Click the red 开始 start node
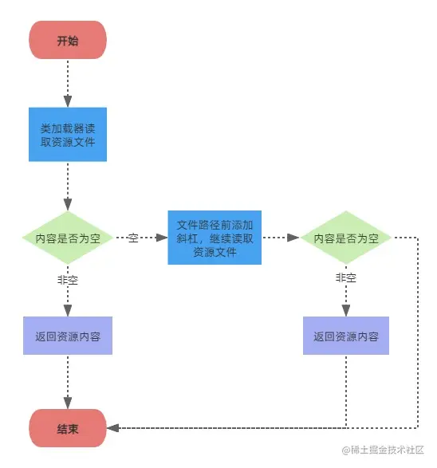click(x=68, y=40)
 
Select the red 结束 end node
click(x=68, y=428)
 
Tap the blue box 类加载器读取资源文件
click(x=68, y=135)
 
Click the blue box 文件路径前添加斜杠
click(x=215, y=238)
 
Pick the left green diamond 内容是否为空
click(x=68, y=238)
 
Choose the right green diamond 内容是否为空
click(x=346, y=238)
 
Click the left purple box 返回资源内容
click(x=68, y=336)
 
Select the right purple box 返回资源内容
click(x=346, y=336)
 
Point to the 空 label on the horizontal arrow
click(x=133, y=238)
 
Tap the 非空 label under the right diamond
click(x=346, y=278)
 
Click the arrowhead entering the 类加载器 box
click(x=68, y=102)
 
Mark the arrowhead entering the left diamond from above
click(x=68, y=206)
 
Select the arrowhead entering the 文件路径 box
click(x=163, y=238)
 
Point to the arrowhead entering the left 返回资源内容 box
click(x=68, y=312)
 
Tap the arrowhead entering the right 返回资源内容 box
click(x=346, y=312)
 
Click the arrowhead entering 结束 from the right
click(x=112, y=428)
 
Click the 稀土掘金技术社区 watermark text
click(x=387, y=451)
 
